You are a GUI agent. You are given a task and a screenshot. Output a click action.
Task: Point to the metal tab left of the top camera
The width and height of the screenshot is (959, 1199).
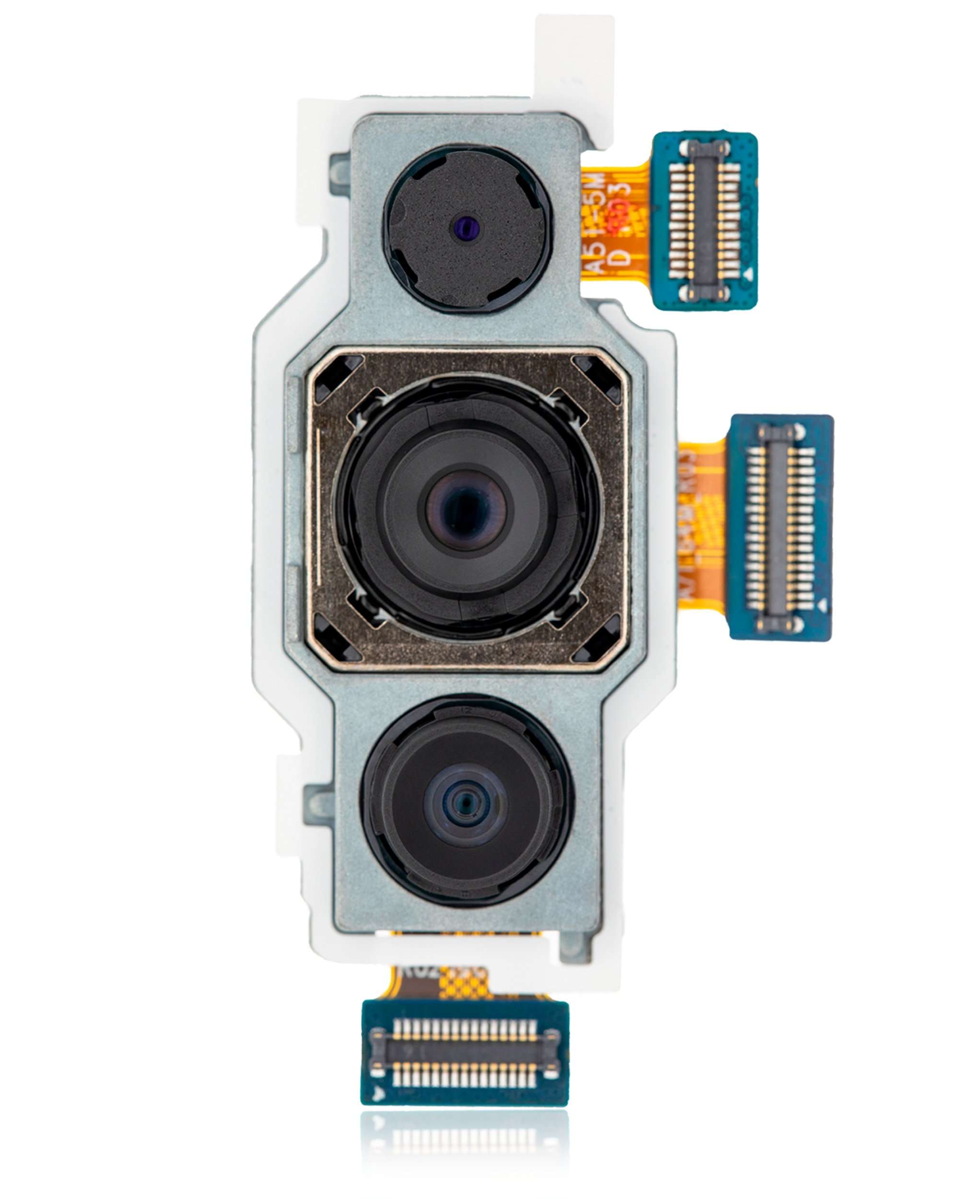coord(339,174)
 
